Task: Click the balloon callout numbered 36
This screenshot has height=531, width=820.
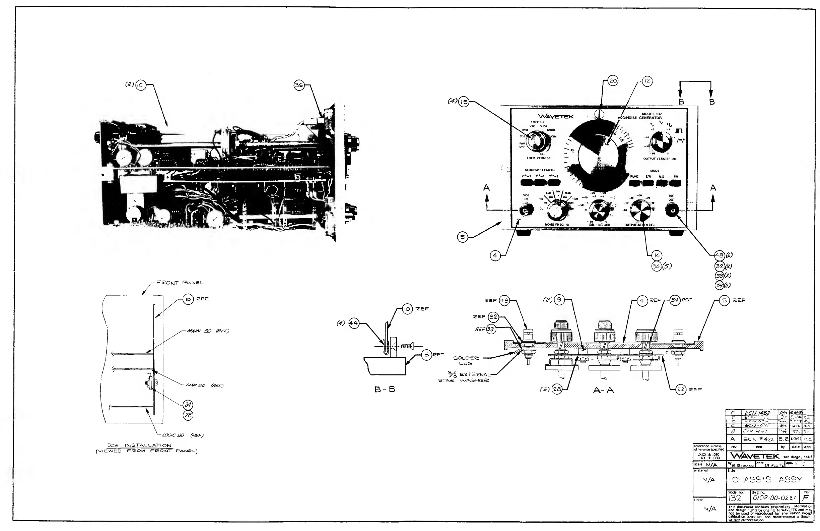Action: tap(299, 85)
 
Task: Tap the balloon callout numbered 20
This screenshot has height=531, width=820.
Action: tap(613, 81)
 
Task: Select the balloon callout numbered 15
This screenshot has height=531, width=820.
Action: tap(464, 102)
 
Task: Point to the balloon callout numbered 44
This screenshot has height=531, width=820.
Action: tap(354, 323)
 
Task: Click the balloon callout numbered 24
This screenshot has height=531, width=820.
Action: tap(188, 405)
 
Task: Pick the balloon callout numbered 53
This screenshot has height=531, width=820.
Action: tap(720, 285)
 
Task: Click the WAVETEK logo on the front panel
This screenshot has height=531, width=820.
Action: tap(556, 117)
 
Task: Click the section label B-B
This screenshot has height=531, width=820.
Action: tap(385, 389)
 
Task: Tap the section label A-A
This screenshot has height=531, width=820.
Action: tap(604, 390)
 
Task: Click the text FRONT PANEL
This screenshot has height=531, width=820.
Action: tap(180, 283)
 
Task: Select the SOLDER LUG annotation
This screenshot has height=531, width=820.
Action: tap(466, 361)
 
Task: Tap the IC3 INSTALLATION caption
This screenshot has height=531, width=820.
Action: tap(140, 445)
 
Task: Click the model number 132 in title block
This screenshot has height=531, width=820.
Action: tap(735, 498)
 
